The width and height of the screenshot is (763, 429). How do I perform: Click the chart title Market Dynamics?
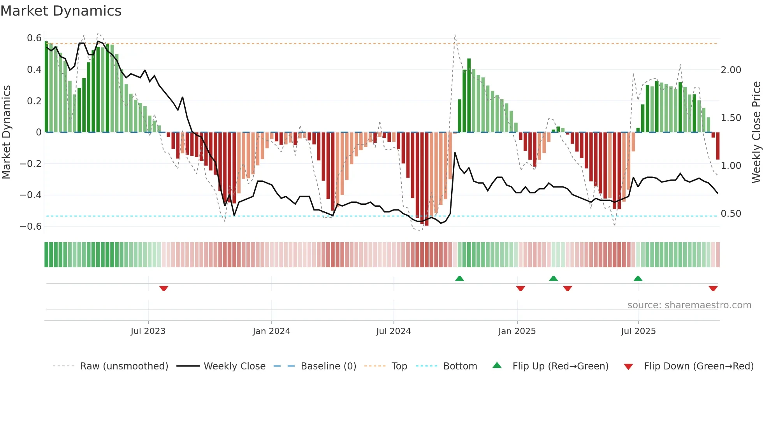61,11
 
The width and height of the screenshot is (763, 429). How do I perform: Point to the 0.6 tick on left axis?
34,38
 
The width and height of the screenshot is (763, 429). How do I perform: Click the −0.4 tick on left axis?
31,195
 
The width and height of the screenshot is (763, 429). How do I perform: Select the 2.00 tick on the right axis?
731,70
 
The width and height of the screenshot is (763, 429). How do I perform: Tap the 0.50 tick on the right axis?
731,214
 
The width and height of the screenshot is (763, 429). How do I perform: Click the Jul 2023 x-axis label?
148,331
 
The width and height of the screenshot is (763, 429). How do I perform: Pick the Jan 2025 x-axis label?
517,331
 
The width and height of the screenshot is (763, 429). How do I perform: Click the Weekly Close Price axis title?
756,132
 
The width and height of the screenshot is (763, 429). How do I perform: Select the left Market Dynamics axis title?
6,132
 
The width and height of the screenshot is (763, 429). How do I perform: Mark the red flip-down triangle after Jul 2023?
164,288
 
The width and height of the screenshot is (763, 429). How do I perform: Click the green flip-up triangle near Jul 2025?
638,278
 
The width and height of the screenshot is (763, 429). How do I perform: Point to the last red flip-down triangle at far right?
713,288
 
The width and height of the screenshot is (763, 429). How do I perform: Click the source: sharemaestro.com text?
689,305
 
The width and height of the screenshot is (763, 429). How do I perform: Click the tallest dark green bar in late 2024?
469,95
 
